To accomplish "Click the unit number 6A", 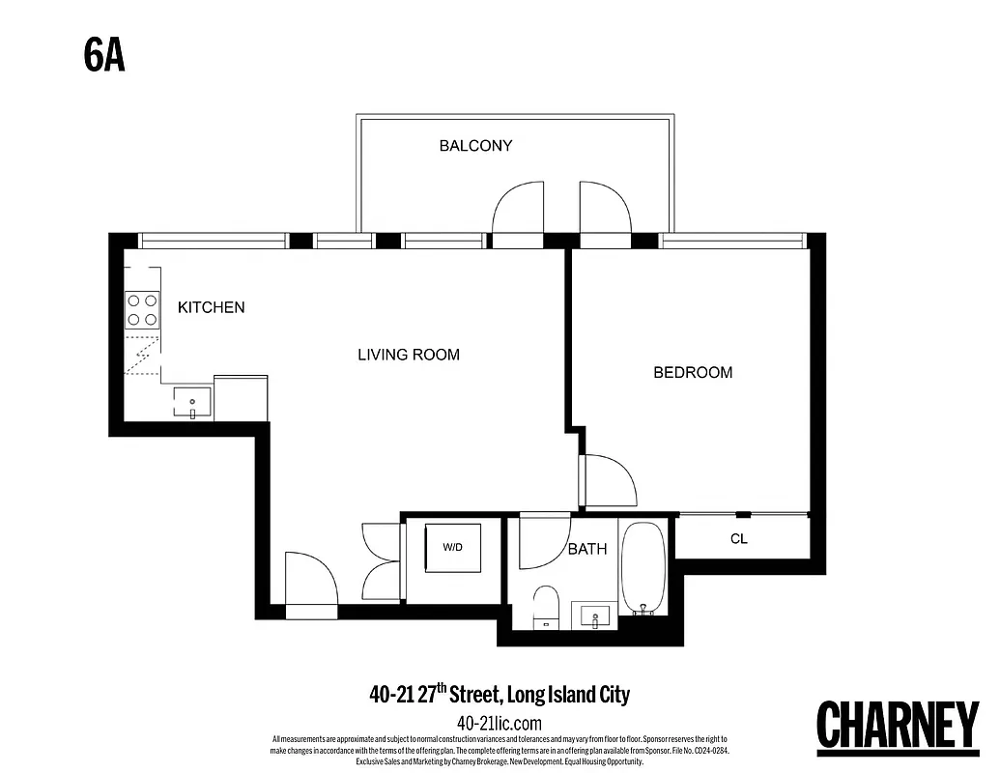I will [104, 56].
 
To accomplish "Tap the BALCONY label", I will [475, 146].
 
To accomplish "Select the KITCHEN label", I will [211, 307].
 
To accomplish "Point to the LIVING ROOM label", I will [409, 355].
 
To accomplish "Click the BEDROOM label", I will [693, 372].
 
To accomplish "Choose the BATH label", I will [586, 549].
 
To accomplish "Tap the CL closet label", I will [738, 539].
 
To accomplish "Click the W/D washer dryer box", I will [453, 548].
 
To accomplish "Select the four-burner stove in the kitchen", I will [142, 310].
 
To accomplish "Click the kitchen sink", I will [192, 401].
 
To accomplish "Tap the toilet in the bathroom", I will [546, 607].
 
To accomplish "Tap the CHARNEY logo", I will [898, 727].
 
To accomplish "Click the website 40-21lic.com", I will [499, 723].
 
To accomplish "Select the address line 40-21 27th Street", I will [499, 694].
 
